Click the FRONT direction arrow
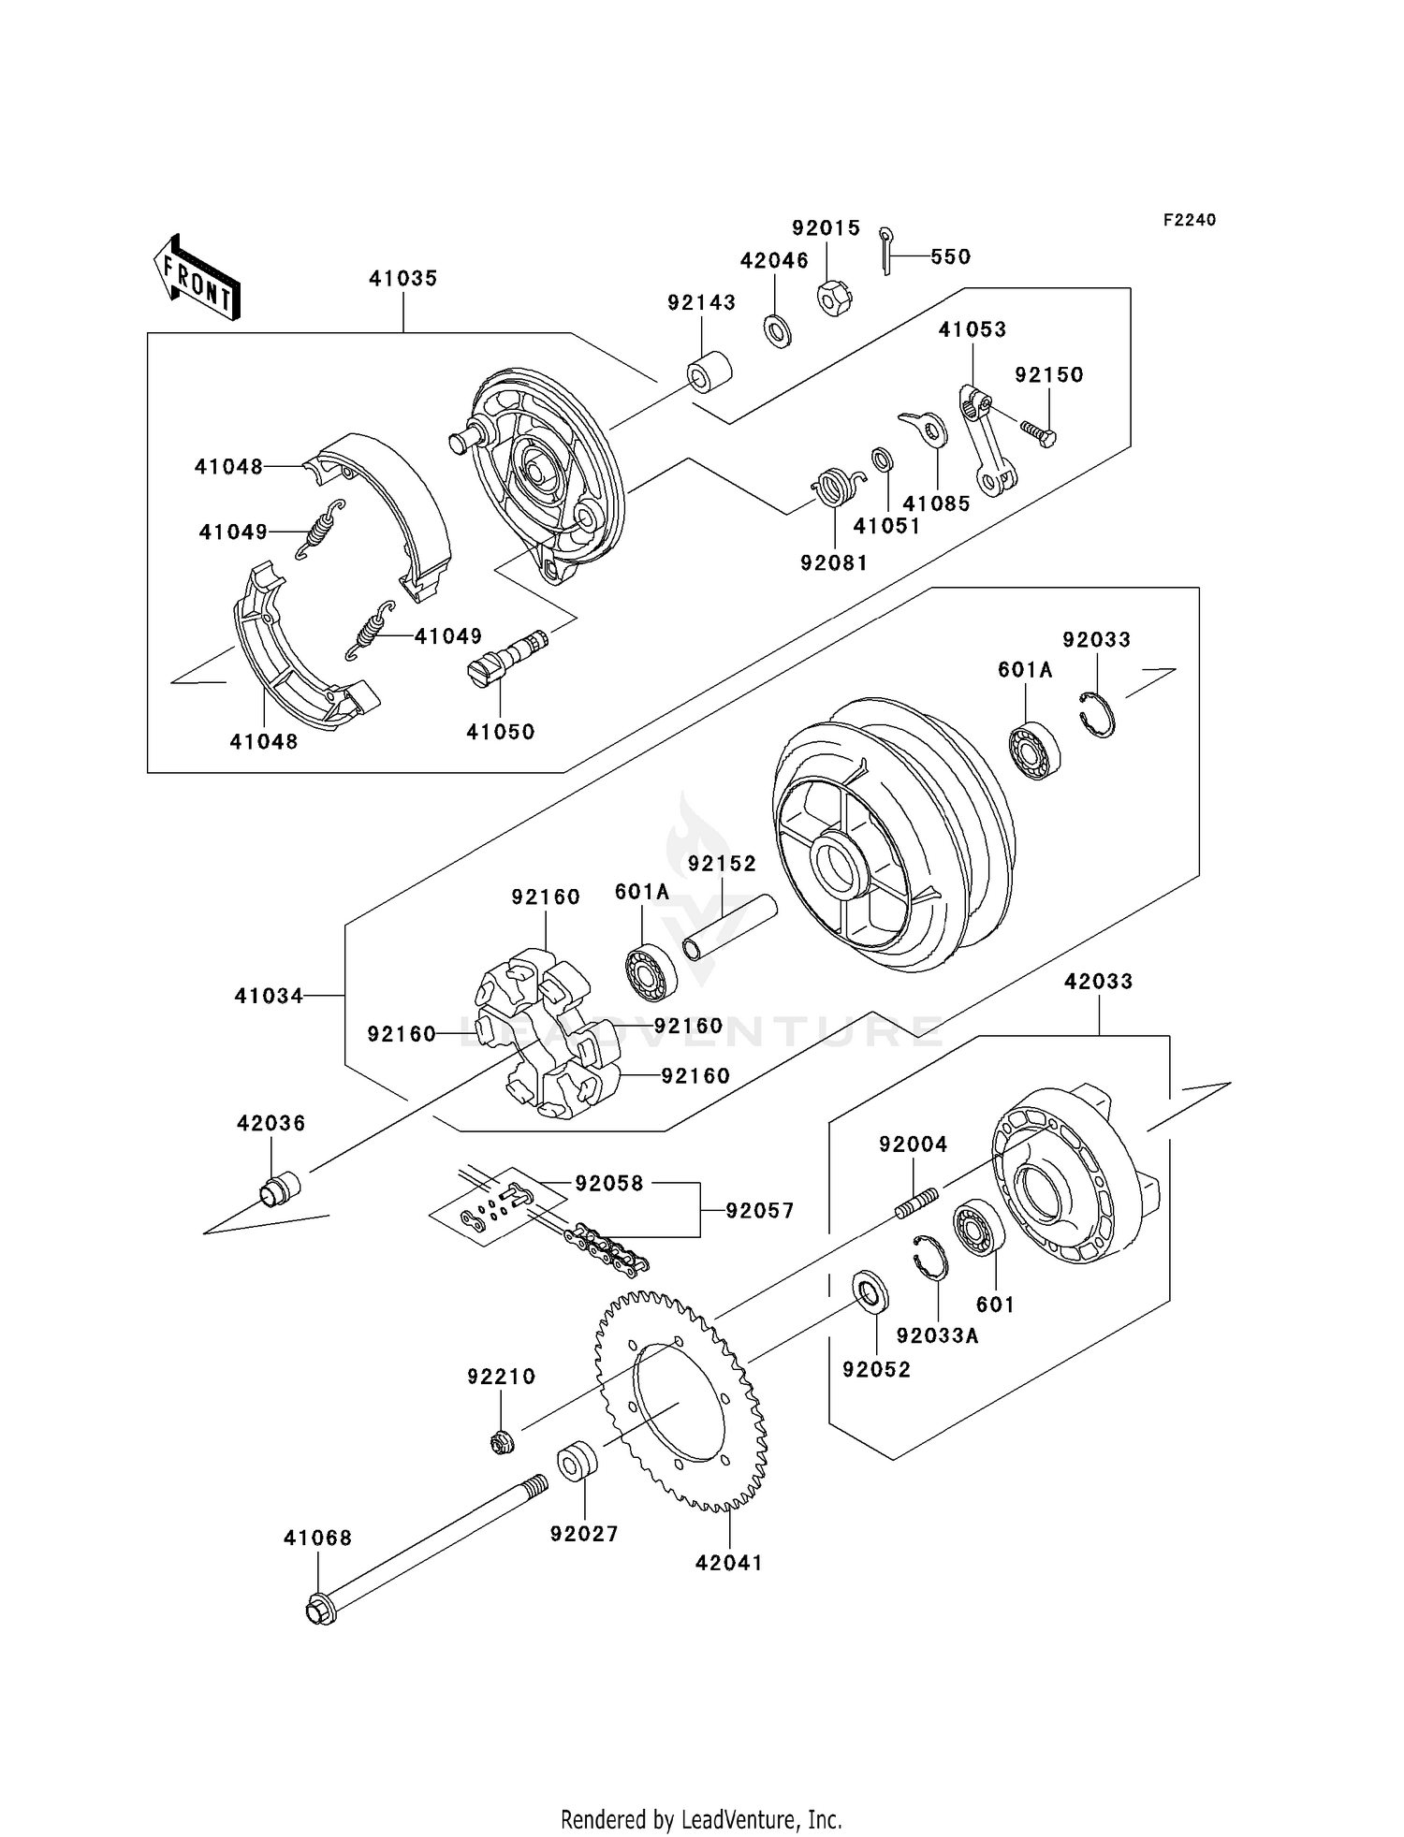click(197, 278)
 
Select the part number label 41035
click(402, 278)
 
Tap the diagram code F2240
click(1189, 220)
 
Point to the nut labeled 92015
click(830, 298)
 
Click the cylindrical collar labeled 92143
click(709, 372)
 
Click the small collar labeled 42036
click(278, 1188)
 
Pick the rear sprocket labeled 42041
click(680, 1398)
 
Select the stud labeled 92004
click(916, 1203)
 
